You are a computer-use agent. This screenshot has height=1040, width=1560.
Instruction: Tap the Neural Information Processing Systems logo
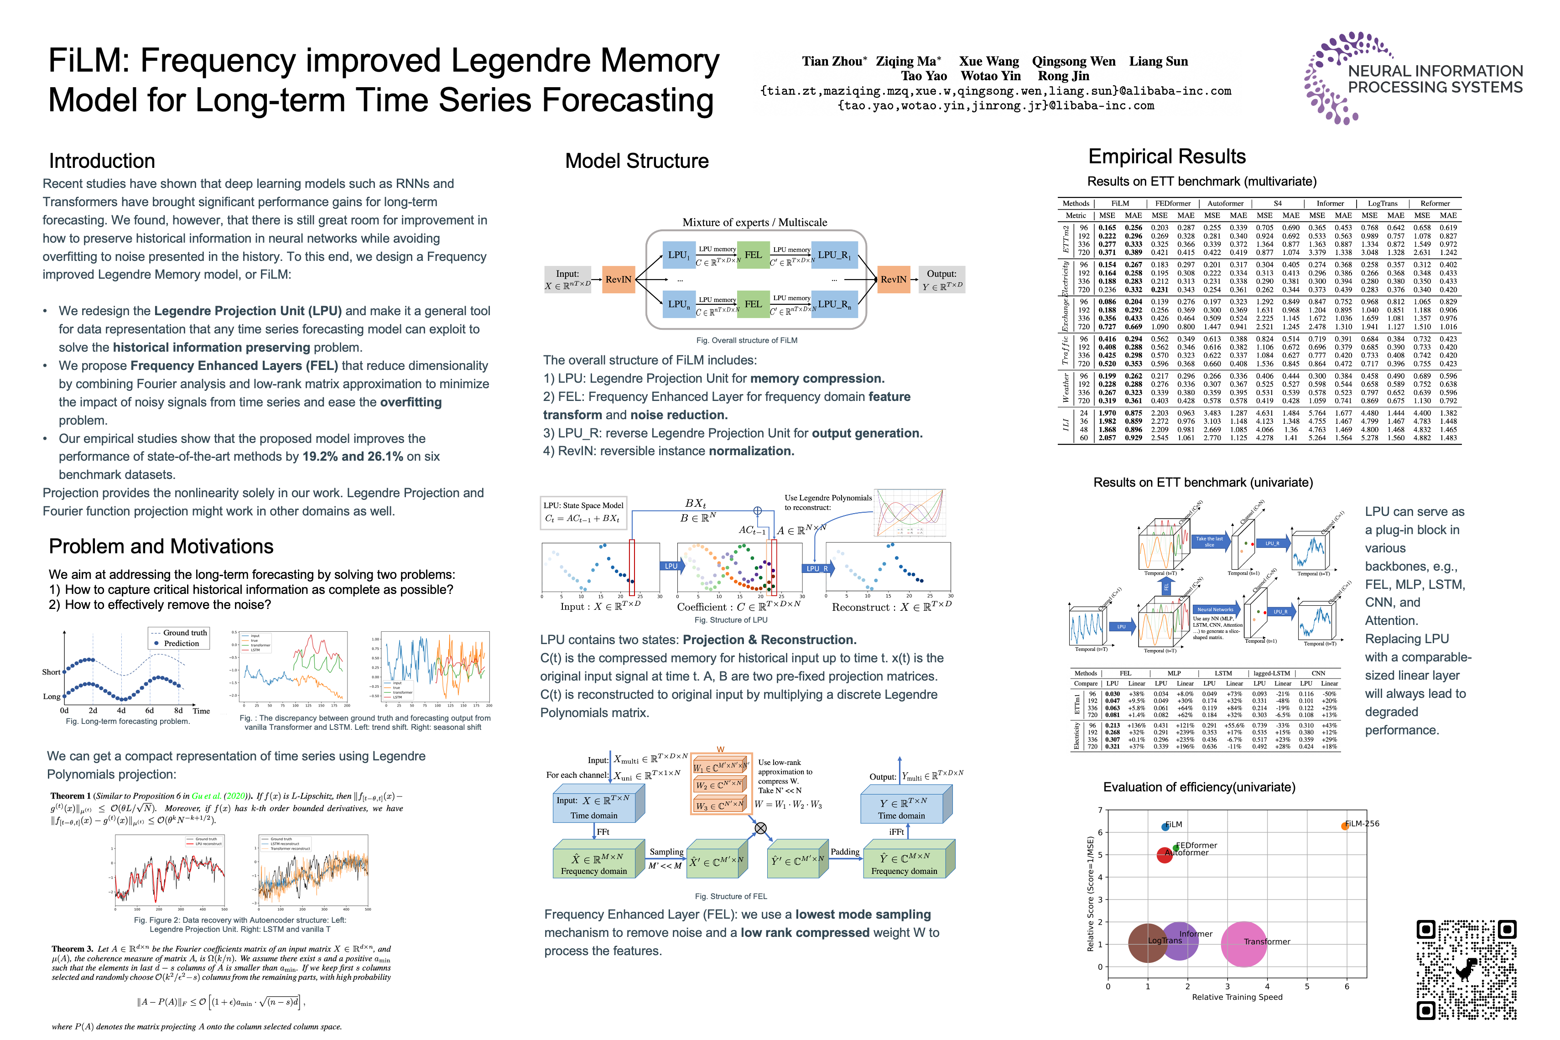(1413, 78)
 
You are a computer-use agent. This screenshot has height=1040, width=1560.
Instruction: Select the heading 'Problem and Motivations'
(161, 546)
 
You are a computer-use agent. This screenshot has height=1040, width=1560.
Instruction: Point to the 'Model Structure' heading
(637, 161)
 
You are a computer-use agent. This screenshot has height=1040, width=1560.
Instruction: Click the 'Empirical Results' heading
(1167, 156)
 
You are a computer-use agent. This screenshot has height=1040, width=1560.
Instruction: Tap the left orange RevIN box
(618, 279)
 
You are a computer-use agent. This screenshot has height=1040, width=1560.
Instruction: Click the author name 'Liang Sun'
(1158, 62)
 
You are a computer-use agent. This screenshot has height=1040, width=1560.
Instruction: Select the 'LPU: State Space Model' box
(583, 512)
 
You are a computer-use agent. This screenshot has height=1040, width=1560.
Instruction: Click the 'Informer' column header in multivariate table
(1330, 203)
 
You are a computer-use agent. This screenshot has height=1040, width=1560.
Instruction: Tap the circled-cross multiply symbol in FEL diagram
(761, 828)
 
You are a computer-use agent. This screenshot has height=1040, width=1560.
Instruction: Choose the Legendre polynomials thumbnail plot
(910, 513)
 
